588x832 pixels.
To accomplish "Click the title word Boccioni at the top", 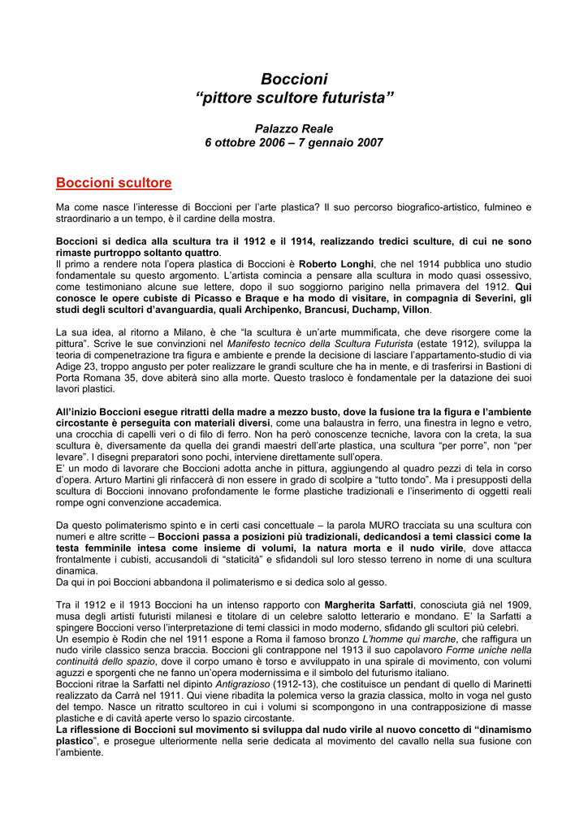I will coord(294,79).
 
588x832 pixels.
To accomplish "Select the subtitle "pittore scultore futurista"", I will coord(294,98).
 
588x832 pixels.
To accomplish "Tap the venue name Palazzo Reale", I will coord(294,128).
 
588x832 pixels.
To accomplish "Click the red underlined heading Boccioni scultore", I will coord(113,183).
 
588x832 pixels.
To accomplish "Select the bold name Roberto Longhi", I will coord(336,264).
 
